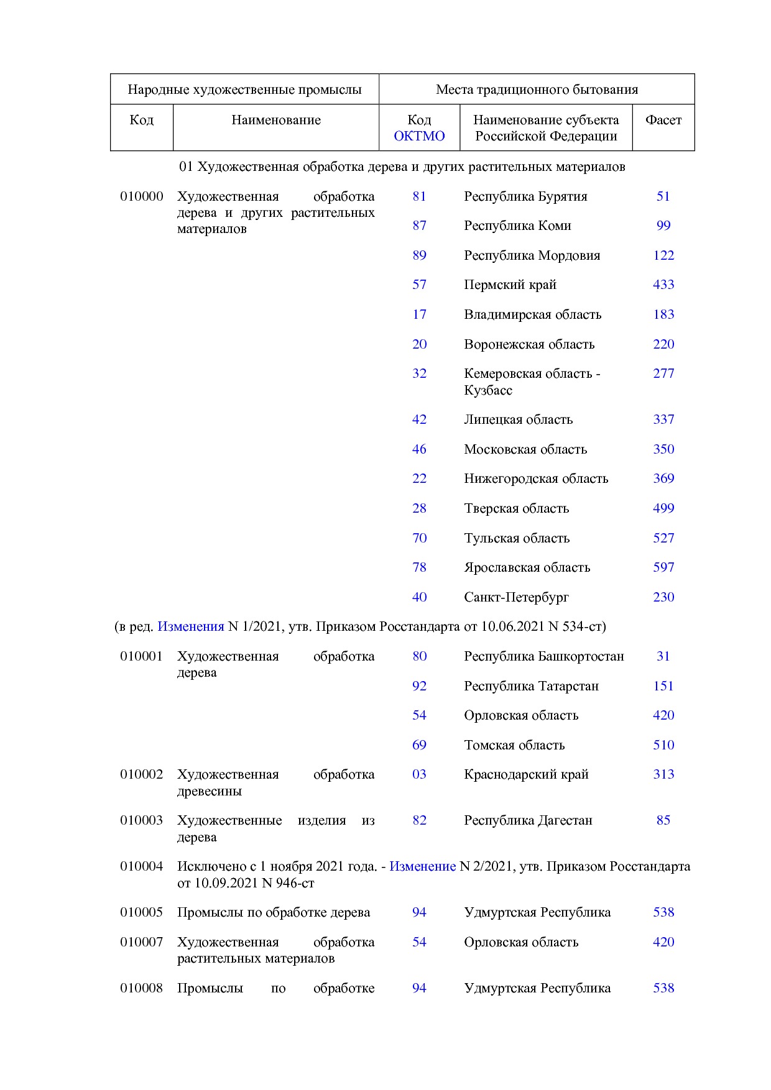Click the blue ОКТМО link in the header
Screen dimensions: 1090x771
pos(419,136)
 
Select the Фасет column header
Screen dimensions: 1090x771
pos(663,120)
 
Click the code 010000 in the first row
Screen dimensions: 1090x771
pos(142,196)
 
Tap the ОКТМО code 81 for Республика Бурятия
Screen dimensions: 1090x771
pos(419,196)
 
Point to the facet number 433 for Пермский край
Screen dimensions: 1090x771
pos(663,285)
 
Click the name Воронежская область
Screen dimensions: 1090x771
pos(529,344)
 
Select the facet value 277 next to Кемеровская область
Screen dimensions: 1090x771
pos(663,373)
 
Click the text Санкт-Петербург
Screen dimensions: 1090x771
pos(516,597)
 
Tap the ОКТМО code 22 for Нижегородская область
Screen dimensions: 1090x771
pos(419,479)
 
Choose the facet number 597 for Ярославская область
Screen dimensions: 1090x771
pos(663,567)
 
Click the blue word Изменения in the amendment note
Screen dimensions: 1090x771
pos(190,626)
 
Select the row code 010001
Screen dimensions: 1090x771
pos(142,656)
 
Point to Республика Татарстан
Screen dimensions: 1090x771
pos(531,686)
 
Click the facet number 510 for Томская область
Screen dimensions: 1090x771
pos(663,745)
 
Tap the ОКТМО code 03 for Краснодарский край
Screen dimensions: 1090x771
pos(419,774)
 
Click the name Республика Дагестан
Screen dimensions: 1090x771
pos(528,820)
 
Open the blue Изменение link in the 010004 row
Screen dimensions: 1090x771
pos(422,866)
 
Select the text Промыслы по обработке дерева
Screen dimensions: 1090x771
pos(274,912)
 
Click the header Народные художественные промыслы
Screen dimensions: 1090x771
pos(244,89)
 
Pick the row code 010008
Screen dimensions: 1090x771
pos(142,988)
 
